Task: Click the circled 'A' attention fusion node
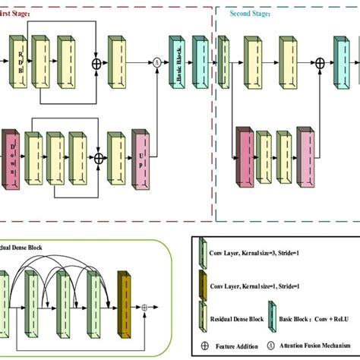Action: tap(157, 62)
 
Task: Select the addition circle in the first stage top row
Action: tap(96, 62)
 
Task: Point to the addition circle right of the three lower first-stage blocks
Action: tap(97, 159)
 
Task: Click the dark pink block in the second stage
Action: tap(245, 157)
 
